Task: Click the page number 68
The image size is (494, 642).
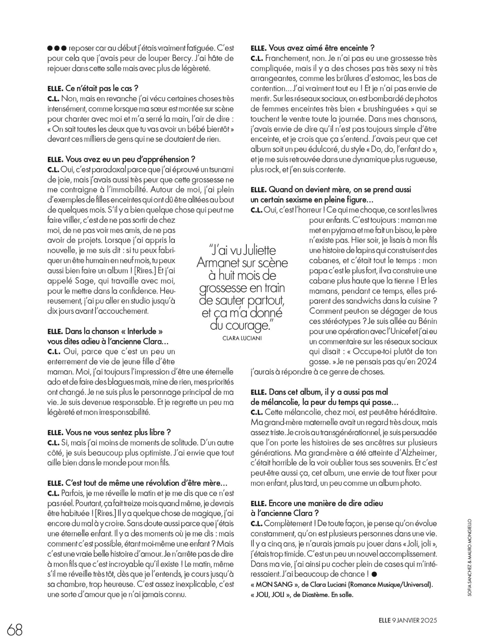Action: coord(15,629)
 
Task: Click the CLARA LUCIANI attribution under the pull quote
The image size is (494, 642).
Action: coord(242,338)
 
